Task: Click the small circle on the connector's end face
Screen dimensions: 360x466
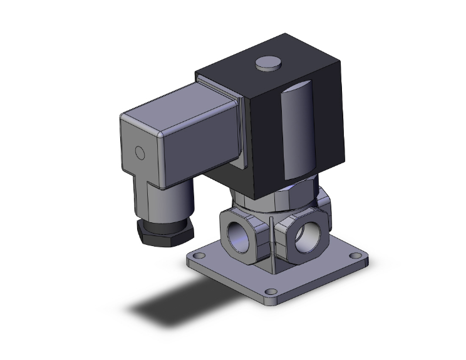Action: click(140, 153)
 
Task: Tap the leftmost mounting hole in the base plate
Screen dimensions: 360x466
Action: click(199, 255)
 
